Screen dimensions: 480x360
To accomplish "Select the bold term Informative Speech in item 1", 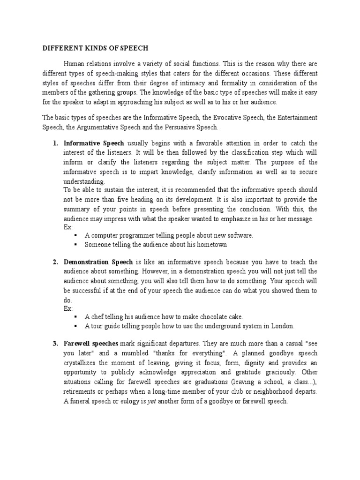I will [x=94, y=143].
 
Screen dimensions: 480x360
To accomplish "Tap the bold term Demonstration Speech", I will [x=98, y=262].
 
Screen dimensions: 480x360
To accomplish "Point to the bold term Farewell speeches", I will [x=91, y=344].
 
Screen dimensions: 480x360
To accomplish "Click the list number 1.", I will [x=55, y=143].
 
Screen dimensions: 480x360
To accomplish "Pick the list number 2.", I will [x=55, y=262].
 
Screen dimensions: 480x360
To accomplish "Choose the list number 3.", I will [x=55, y=344].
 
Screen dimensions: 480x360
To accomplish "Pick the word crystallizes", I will [x=82, y=363].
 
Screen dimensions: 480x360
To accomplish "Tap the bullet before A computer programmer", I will [x=75, y=236].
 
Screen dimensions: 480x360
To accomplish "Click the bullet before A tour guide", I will [x=75, y=326].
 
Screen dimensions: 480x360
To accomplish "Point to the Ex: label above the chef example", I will [x=68, y=308].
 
